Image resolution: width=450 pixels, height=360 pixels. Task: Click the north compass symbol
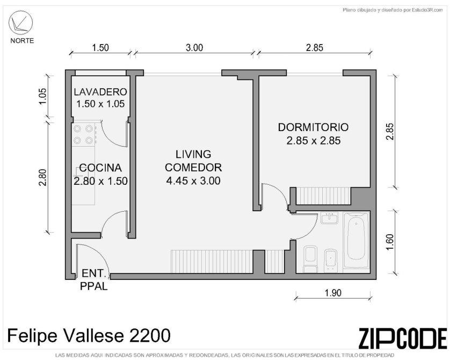19,21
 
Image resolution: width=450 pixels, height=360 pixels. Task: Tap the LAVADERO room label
100,92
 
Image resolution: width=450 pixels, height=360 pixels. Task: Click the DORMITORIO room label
313,127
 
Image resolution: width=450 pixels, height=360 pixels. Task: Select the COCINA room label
100,168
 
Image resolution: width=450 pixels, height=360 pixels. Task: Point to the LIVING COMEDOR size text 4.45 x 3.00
193,181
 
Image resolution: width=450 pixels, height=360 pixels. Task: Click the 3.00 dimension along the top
194,47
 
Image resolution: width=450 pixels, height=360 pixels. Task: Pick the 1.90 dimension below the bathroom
333,293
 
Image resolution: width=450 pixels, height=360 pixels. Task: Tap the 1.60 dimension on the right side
389,242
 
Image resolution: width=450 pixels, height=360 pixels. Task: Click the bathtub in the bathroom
356,241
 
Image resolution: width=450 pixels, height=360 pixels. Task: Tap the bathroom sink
330,218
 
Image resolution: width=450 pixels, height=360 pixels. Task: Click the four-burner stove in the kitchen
84,135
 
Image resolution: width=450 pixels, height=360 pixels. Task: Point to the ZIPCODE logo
402,338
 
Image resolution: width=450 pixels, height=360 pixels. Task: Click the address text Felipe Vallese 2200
89,336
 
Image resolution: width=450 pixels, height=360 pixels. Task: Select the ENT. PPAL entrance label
94,279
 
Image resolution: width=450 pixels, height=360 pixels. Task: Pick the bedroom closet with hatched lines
323,196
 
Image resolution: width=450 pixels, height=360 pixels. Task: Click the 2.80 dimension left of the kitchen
42,178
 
